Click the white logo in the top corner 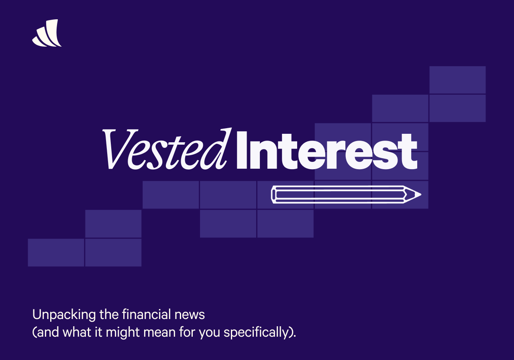pyautogui.click(x=47, y=34)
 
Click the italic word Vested pyautogui.click(x=167, y=149)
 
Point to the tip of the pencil pyautogui.click(x=419, y=195)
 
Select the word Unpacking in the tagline pyautogui.click(x=64, y=315)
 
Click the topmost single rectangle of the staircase pyautogui.click(x=457, y=80)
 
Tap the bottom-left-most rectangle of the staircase pyautogui.click(x=56, y=252)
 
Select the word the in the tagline pyautogui.click(x=109, y=314)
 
